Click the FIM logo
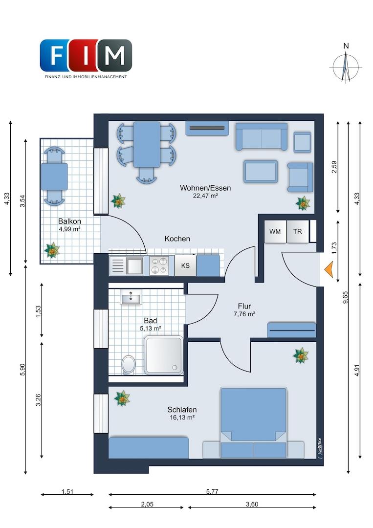tap(86, 58)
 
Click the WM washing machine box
tap(275, 232)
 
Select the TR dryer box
tap(298, 232)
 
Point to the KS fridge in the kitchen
tap(185, 265)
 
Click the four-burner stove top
tap(159, 265)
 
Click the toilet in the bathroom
tap(128, 364)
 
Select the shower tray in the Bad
tap(164, 355)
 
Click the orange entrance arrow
tap(329, 270)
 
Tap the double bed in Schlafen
tap(253, 422)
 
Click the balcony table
tap(54, 176)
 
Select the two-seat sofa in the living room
tap(262, 136)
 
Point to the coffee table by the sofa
tap(261, 172)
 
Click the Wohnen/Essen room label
tap(205, 188)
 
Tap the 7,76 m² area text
tap(244, 314)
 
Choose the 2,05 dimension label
tap(147, 504)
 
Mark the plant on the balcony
tap(52, 250)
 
